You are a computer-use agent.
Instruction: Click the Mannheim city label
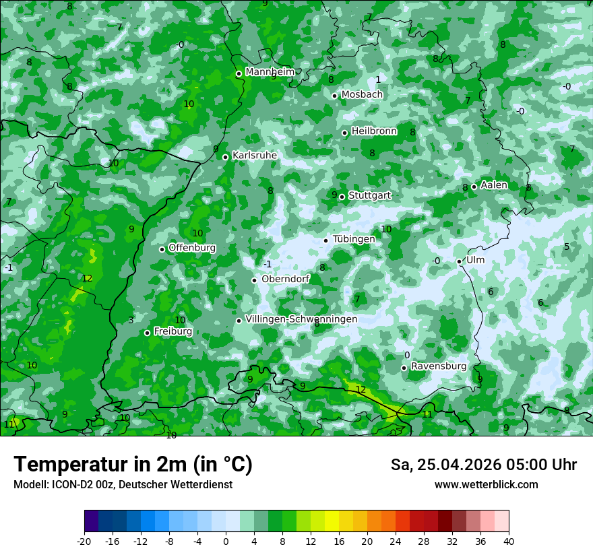click(x=270, y=72)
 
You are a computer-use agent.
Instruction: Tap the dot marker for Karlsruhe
click(x=226, y=157)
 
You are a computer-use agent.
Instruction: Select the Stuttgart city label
click(x=370, y=195)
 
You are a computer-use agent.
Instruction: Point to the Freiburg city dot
click(x=147, y=333)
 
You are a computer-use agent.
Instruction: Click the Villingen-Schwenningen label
click(x=301, y=319)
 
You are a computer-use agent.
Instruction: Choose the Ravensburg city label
click(x=439, y=366)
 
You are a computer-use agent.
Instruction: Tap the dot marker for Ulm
click(x=459, y=261)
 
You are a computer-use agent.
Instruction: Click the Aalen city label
click(x=494, y=185)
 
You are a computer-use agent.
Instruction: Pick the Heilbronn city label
click(x=374, y=131)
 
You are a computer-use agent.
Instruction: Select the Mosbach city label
click(x=362, y=95)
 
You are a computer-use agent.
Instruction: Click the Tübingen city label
click(x=354, y=239)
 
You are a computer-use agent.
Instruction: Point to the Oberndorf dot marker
click(x=254, y=280)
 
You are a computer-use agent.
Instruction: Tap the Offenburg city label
click(x=192, y=248)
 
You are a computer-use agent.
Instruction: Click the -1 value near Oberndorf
click(x=268, y=264)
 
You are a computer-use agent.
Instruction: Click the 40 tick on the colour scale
click(x=509, y=541)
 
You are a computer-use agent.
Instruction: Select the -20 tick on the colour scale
click(x=84, y=541)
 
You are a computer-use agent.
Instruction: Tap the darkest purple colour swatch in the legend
click(x=92, y=521)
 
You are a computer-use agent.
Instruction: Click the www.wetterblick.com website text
click(x=487, y=484)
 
